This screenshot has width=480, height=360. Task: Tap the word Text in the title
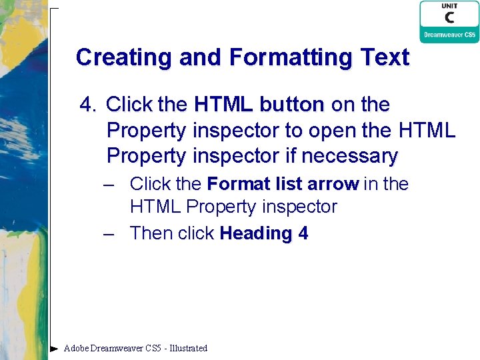pyautogui.click(x=385, y=57)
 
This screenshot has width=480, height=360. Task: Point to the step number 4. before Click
pyautogui.click(x=89, y=105)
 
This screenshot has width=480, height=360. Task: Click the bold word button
pyautogui.click(x=291, y=105)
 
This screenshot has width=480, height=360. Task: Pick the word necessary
pyautogui.click(x=349, y=157)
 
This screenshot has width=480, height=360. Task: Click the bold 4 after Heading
pyautogui.click(x=303, y=233)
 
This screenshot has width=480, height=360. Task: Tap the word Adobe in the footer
pyautogui.click(x=76, y=348)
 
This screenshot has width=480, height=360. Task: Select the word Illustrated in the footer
pyautogui.click(x=188, y=348)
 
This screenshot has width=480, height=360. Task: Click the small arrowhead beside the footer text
pyautogui.click(x=54, y=348)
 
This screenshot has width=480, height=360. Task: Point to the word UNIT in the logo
pyautogui.click(x=449, y=6)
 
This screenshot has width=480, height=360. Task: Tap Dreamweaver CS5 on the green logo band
pyautogui.click(x=449, y=35)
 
